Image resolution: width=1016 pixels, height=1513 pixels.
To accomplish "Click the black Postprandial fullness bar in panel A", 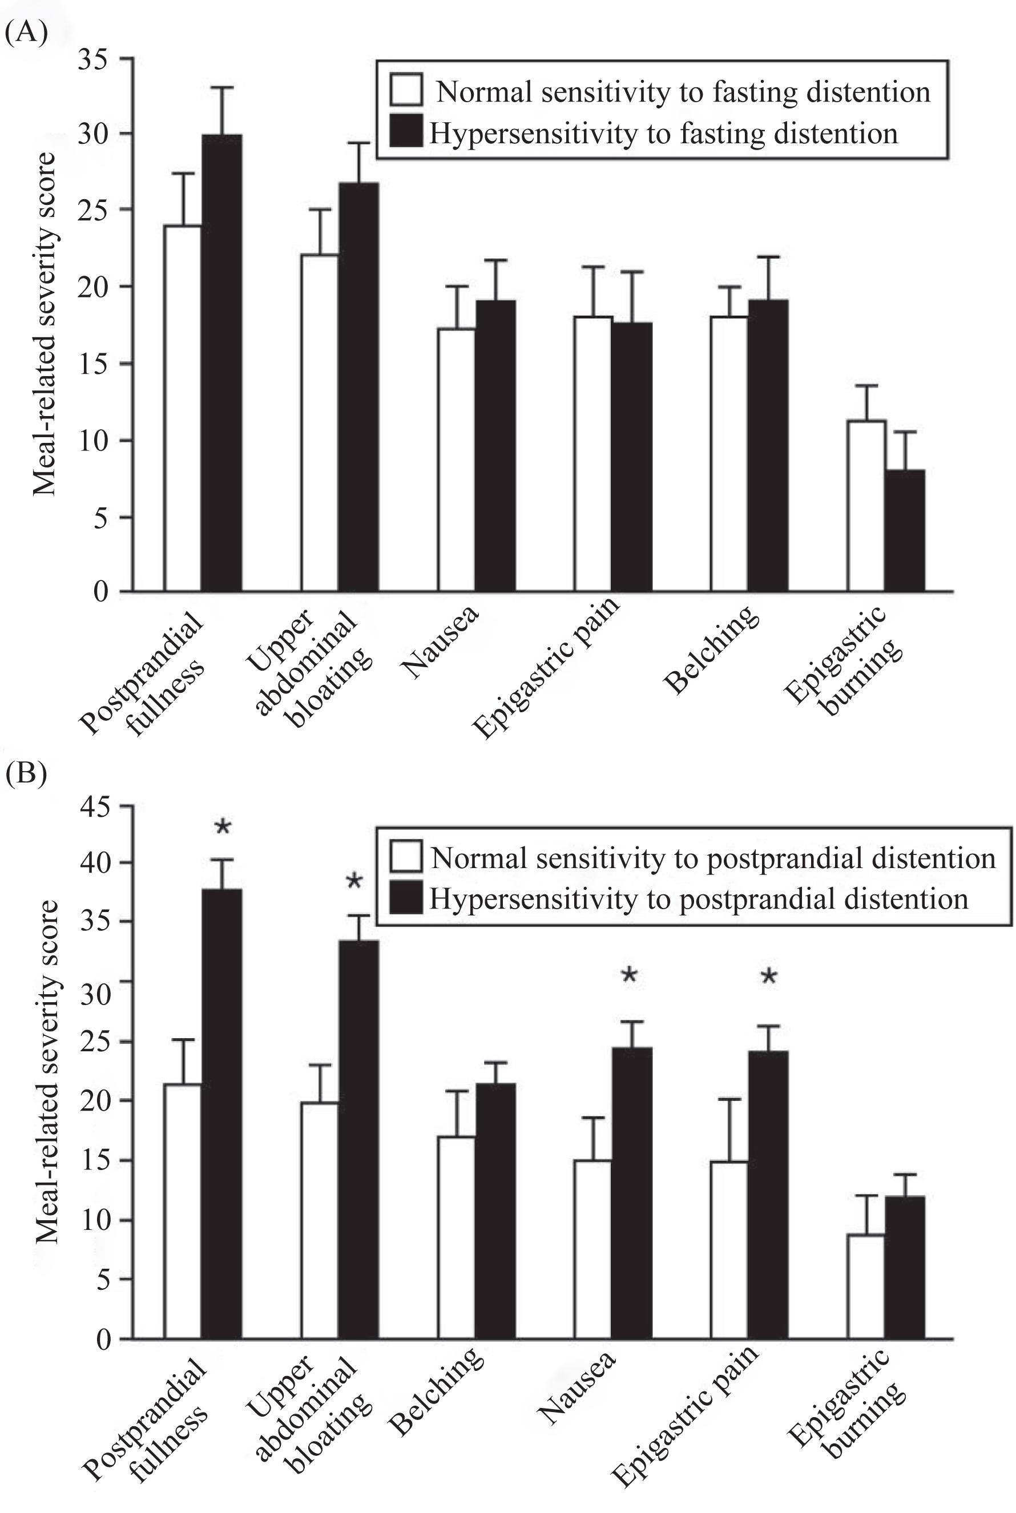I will tap(221, 363).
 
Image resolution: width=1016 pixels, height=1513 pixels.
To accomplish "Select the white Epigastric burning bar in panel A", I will tap(866, 506).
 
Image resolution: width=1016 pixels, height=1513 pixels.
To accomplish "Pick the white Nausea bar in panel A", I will tap(456, 460).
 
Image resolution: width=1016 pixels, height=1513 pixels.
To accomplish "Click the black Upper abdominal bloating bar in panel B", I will tap(358, 1139).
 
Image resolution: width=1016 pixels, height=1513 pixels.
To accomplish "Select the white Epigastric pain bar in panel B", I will tap(729, 1249).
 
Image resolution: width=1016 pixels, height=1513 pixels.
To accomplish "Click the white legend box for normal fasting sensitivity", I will tap(406, 90).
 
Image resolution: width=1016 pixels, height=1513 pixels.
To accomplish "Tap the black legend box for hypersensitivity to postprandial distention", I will tap(406, 898).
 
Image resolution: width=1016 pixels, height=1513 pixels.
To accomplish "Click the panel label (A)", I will tap(26, 31).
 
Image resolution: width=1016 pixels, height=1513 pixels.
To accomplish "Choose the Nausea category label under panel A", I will tap(440, 641).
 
